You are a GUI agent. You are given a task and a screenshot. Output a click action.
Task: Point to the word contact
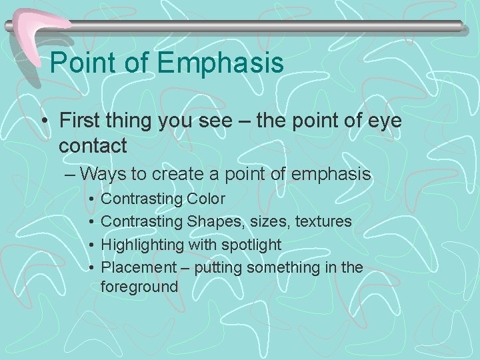pyautogui.click(x=93, y=145)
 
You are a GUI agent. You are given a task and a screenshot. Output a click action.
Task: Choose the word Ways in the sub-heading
pyautogui.click(x=109, y=174)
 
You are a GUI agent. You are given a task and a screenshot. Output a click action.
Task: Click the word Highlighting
pyautogui.click(x=143, y=245)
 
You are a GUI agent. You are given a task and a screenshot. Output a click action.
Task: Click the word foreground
pyautogui.click(x=139, y=287)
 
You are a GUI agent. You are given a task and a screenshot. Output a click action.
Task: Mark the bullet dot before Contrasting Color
pyautogui.click(x=88, y=199)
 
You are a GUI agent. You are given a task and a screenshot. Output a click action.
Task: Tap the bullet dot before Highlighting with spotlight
pyautogui.click(x=88, y=245)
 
